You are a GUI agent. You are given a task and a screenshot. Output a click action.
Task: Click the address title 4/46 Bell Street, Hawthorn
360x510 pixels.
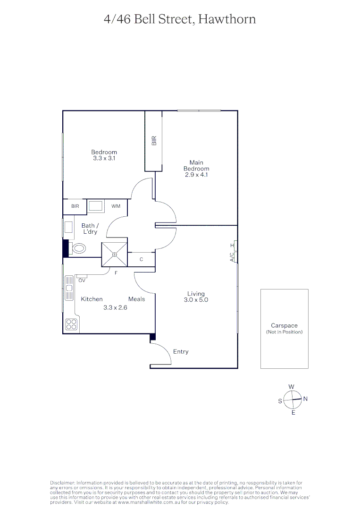point(180,19)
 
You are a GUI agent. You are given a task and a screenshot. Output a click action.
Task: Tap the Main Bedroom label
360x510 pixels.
point(196,166)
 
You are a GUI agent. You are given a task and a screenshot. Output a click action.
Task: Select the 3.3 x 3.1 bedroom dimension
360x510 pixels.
point(104,159)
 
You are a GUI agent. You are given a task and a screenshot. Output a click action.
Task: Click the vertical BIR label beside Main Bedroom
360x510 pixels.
point(154,140)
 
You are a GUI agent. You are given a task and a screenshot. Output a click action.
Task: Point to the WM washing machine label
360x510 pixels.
point(116,206)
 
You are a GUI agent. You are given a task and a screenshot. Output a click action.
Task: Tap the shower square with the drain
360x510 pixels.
point(114,255)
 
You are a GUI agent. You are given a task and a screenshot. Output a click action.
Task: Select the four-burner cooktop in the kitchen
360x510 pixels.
point(71,324)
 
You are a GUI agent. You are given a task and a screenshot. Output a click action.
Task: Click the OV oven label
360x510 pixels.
point(82,280)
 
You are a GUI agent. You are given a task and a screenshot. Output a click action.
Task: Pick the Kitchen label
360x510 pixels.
point(92,299)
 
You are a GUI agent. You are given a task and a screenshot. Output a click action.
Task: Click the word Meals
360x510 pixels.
point(136,299)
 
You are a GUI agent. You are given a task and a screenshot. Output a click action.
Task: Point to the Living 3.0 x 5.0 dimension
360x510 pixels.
point(196,300)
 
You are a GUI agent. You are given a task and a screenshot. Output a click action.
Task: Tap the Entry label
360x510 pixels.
point(181,352)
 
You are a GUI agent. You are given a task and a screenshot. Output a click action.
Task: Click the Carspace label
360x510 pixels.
point(284,326)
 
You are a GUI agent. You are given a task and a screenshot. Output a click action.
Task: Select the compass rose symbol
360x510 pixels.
point(293,399)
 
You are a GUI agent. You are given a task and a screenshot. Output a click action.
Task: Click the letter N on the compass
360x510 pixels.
point(305,399)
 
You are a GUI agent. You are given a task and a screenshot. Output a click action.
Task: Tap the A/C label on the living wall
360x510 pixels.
point(232,257)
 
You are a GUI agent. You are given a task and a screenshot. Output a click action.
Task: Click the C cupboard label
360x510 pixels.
point(141,259)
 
